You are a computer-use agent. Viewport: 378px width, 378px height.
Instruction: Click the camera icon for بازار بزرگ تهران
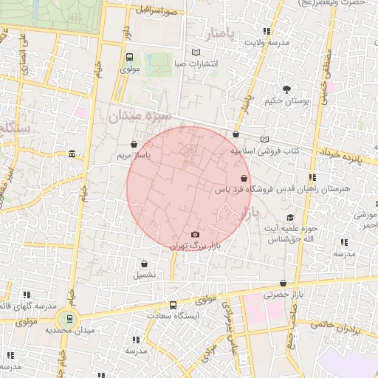pos(195,234)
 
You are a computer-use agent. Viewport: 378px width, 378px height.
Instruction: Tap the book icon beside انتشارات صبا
pos(196,52)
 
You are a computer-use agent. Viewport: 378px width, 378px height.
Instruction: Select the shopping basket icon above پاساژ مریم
pos(134,145)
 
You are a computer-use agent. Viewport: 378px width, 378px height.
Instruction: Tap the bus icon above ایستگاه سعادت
pos(173,305)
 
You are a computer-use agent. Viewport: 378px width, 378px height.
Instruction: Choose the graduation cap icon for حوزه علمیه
pos(290,218)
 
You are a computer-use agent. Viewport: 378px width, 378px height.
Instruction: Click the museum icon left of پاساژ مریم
pos(71,154)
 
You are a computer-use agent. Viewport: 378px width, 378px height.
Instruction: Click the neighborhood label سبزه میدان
pos(140,116)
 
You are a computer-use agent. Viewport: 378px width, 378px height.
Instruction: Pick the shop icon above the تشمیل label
pos(143,264)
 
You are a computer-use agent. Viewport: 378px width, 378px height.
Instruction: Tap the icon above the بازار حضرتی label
pos(283,283)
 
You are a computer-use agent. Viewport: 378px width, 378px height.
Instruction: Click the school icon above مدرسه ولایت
pos(266,32)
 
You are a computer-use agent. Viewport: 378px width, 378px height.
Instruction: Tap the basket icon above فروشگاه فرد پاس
pos(244,178)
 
